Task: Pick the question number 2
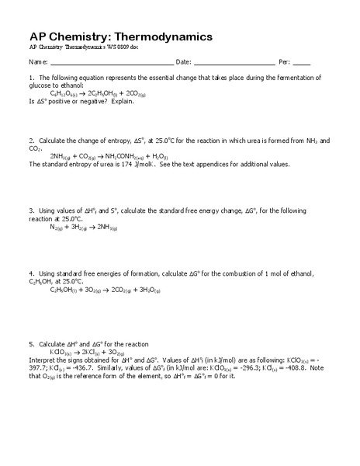click(x=32, y=141)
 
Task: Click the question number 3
click(x=32, y=211)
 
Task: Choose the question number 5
click(x=32, y=344)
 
